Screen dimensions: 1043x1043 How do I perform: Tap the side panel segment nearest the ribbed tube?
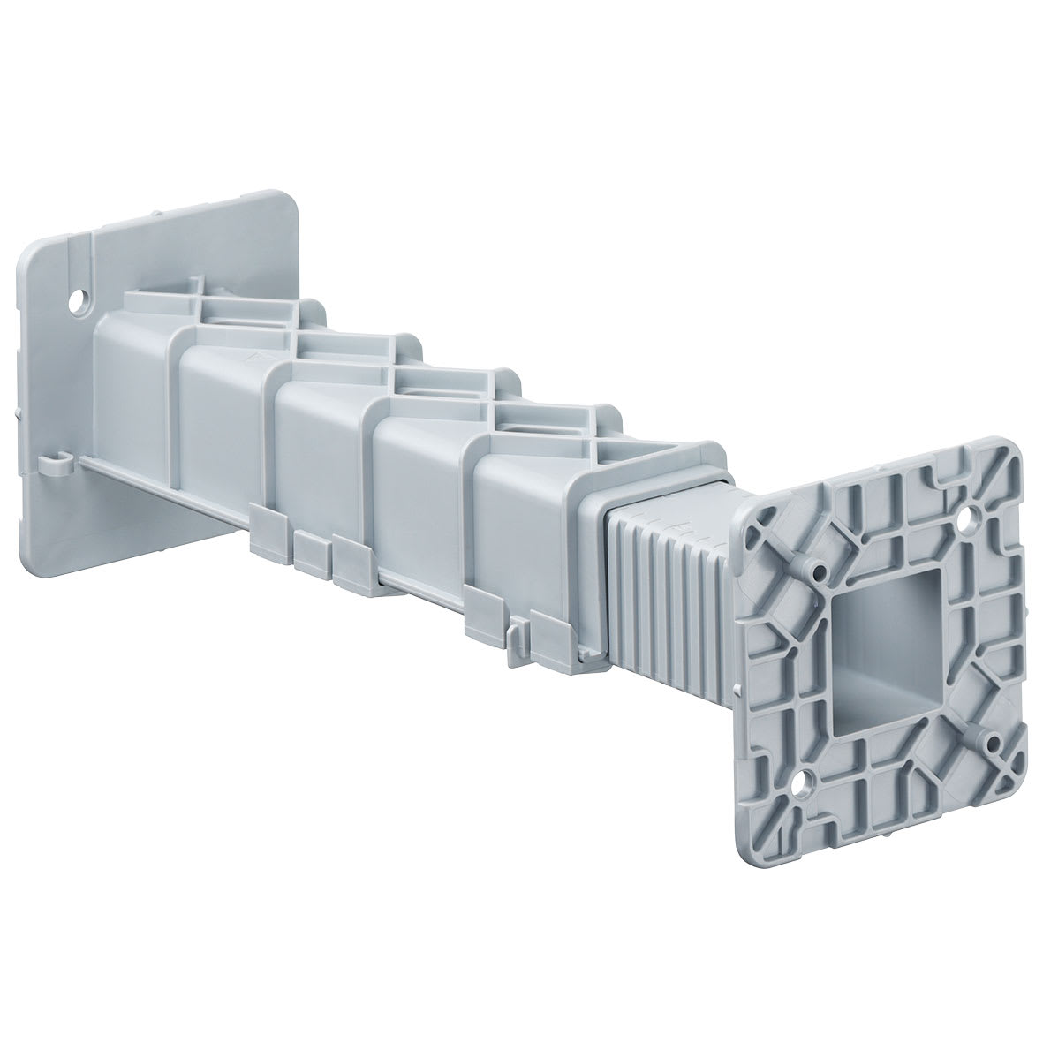coord(521,530)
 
